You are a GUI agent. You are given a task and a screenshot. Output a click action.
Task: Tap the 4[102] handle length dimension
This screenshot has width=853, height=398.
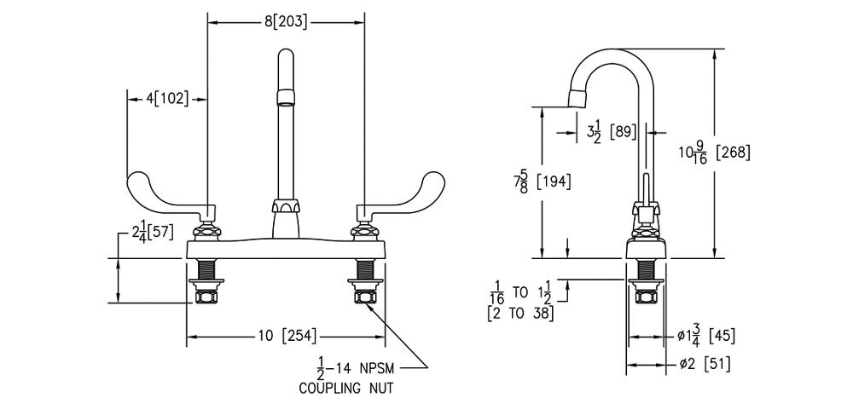pyautogui.click(x=166, y=99)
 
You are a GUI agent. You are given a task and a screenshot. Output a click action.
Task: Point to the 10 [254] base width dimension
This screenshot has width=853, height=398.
pyautogui.click(x=285, y=337)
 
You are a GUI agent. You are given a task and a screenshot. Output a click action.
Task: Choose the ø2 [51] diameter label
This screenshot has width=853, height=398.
pyautogui.click(x=704, y=364)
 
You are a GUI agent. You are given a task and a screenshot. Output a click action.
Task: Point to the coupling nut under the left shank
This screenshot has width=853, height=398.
pyautogui.click(x=206, y=297)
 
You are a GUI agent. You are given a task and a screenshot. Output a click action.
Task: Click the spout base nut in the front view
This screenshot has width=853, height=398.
pyautogui.click(x=285, y=207)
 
